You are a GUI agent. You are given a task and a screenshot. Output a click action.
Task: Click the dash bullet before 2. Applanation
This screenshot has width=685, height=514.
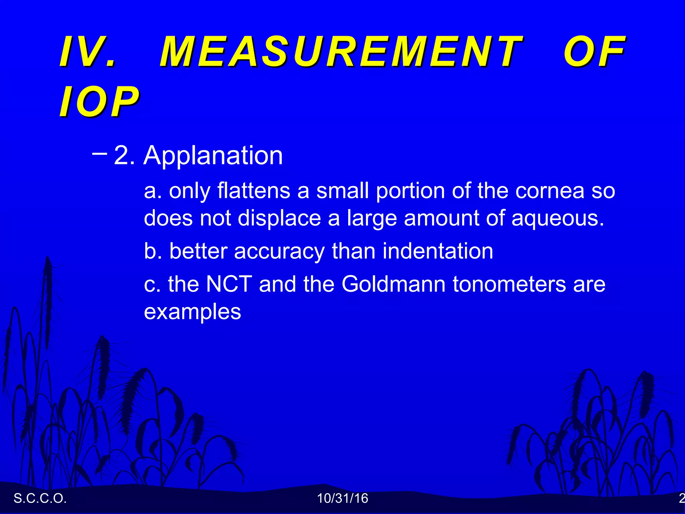click(99, 154)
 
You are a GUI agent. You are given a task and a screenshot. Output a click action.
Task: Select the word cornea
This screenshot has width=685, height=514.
click(550, 191)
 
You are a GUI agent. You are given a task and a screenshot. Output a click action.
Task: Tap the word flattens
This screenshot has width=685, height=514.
click(254, 191)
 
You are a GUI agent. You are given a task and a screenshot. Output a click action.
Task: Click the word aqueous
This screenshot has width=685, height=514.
click(558, 218)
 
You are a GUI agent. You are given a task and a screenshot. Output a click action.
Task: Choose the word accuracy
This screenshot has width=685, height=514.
click(279, 251)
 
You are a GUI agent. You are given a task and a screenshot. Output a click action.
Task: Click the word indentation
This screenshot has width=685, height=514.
click(438, 251)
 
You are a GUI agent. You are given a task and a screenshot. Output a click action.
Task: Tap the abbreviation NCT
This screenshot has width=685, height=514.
click(229, 284)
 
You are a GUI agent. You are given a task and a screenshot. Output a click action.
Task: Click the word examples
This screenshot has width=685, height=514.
click(192, 312)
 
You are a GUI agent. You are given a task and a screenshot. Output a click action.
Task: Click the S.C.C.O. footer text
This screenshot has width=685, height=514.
click(40, 498)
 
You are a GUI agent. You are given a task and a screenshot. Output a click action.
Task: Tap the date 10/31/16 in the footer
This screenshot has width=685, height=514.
click(342, 498)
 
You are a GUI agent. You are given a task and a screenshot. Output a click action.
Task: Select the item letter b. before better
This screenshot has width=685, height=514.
click(153, 251)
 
